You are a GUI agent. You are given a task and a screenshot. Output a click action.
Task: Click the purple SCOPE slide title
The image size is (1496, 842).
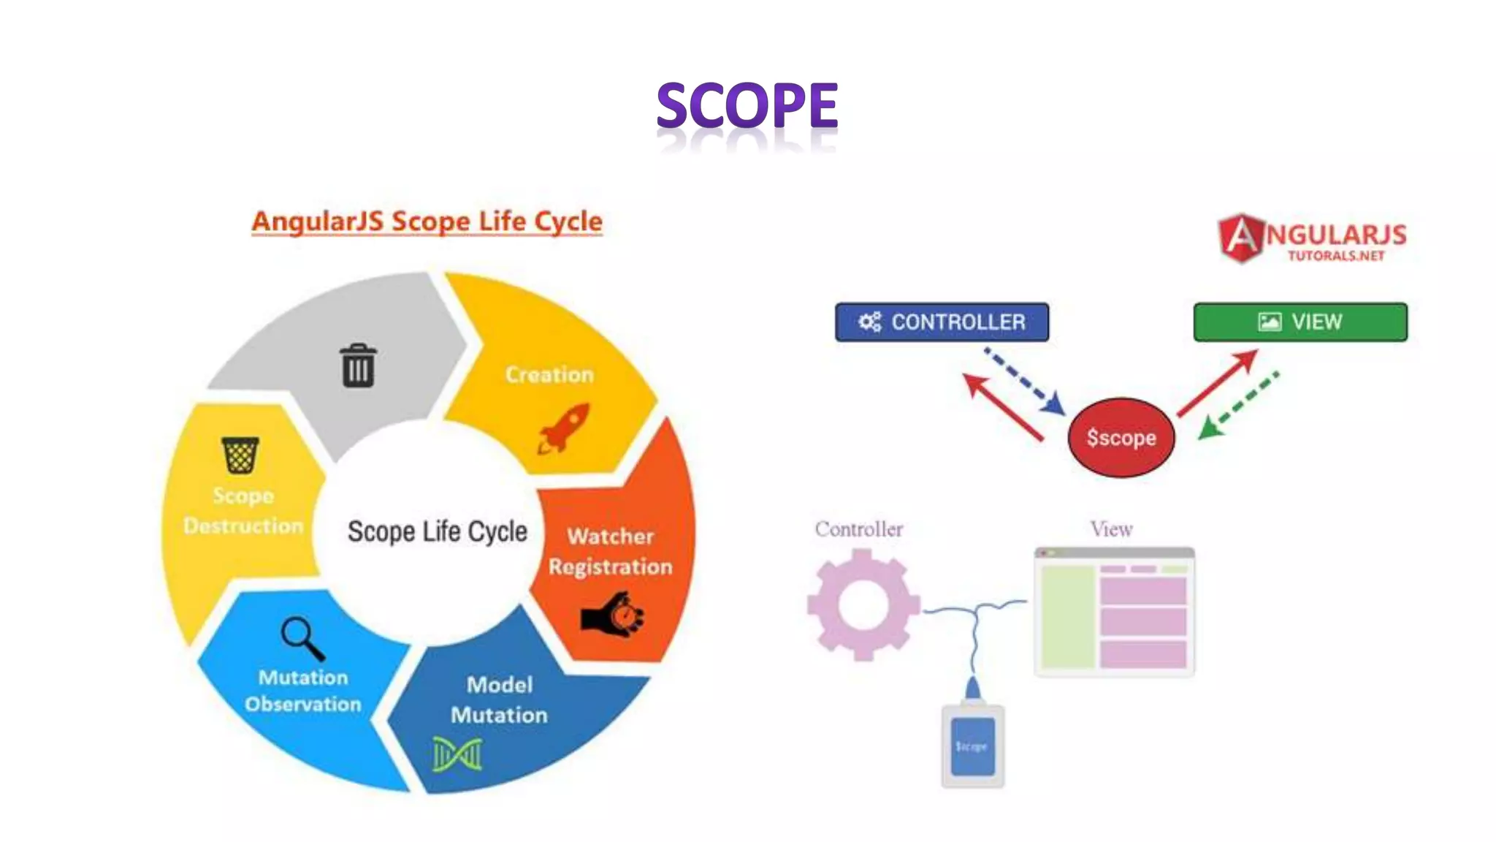pos(747,106)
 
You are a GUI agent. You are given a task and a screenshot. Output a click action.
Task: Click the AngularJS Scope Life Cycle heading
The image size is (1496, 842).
pos(427,221)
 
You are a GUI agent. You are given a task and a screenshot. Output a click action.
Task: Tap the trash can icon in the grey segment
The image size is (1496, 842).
pos(358,365)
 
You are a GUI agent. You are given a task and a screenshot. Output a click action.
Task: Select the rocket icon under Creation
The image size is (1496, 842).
pos(564,428)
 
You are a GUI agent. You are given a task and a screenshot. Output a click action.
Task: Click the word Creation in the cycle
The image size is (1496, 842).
pos(549,374)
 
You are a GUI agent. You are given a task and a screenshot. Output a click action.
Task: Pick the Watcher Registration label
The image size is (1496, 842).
pos(611,551)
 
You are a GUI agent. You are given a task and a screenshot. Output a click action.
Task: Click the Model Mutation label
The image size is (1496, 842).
pos(500,699)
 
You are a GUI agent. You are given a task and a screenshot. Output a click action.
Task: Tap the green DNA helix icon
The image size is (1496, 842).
pos(457,754)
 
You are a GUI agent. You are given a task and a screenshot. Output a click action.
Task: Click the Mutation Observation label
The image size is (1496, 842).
pos(303,691)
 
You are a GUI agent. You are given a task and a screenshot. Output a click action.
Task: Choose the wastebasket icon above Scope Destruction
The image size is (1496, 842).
pos(240,455)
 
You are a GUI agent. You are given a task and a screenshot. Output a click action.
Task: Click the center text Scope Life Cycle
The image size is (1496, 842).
pos(437,531)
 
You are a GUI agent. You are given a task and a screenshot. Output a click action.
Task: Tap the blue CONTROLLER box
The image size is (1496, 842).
pos(942,322)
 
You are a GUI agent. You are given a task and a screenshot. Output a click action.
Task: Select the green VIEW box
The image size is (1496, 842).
pos(1300,322)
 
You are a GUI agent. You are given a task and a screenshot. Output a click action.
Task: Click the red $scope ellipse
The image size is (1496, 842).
pos(1121,438)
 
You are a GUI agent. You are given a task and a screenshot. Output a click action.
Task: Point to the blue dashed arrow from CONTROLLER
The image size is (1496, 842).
pos(1024,382)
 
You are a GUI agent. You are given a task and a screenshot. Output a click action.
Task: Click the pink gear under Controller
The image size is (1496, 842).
pos(863,604)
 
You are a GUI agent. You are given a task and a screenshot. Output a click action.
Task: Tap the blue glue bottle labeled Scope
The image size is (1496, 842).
pos(972,742)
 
